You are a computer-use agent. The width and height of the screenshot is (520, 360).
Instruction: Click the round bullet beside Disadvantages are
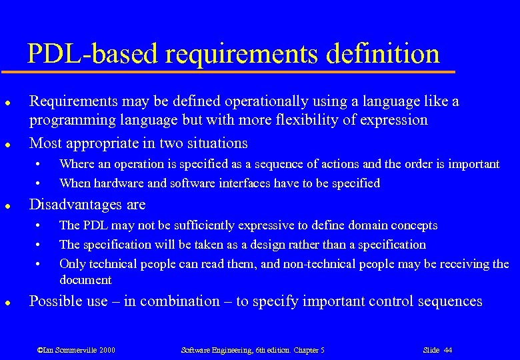pos(6,205)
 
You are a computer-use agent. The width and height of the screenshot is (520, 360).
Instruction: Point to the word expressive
pos(257,225)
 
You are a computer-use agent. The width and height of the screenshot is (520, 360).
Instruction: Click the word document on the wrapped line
pos(85,280)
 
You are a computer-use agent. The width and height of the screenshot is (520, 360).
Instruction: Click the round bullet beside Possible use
pos(6,303)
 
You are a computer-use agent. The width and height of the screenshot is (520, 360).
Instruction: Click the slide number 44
pos(447,349)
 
